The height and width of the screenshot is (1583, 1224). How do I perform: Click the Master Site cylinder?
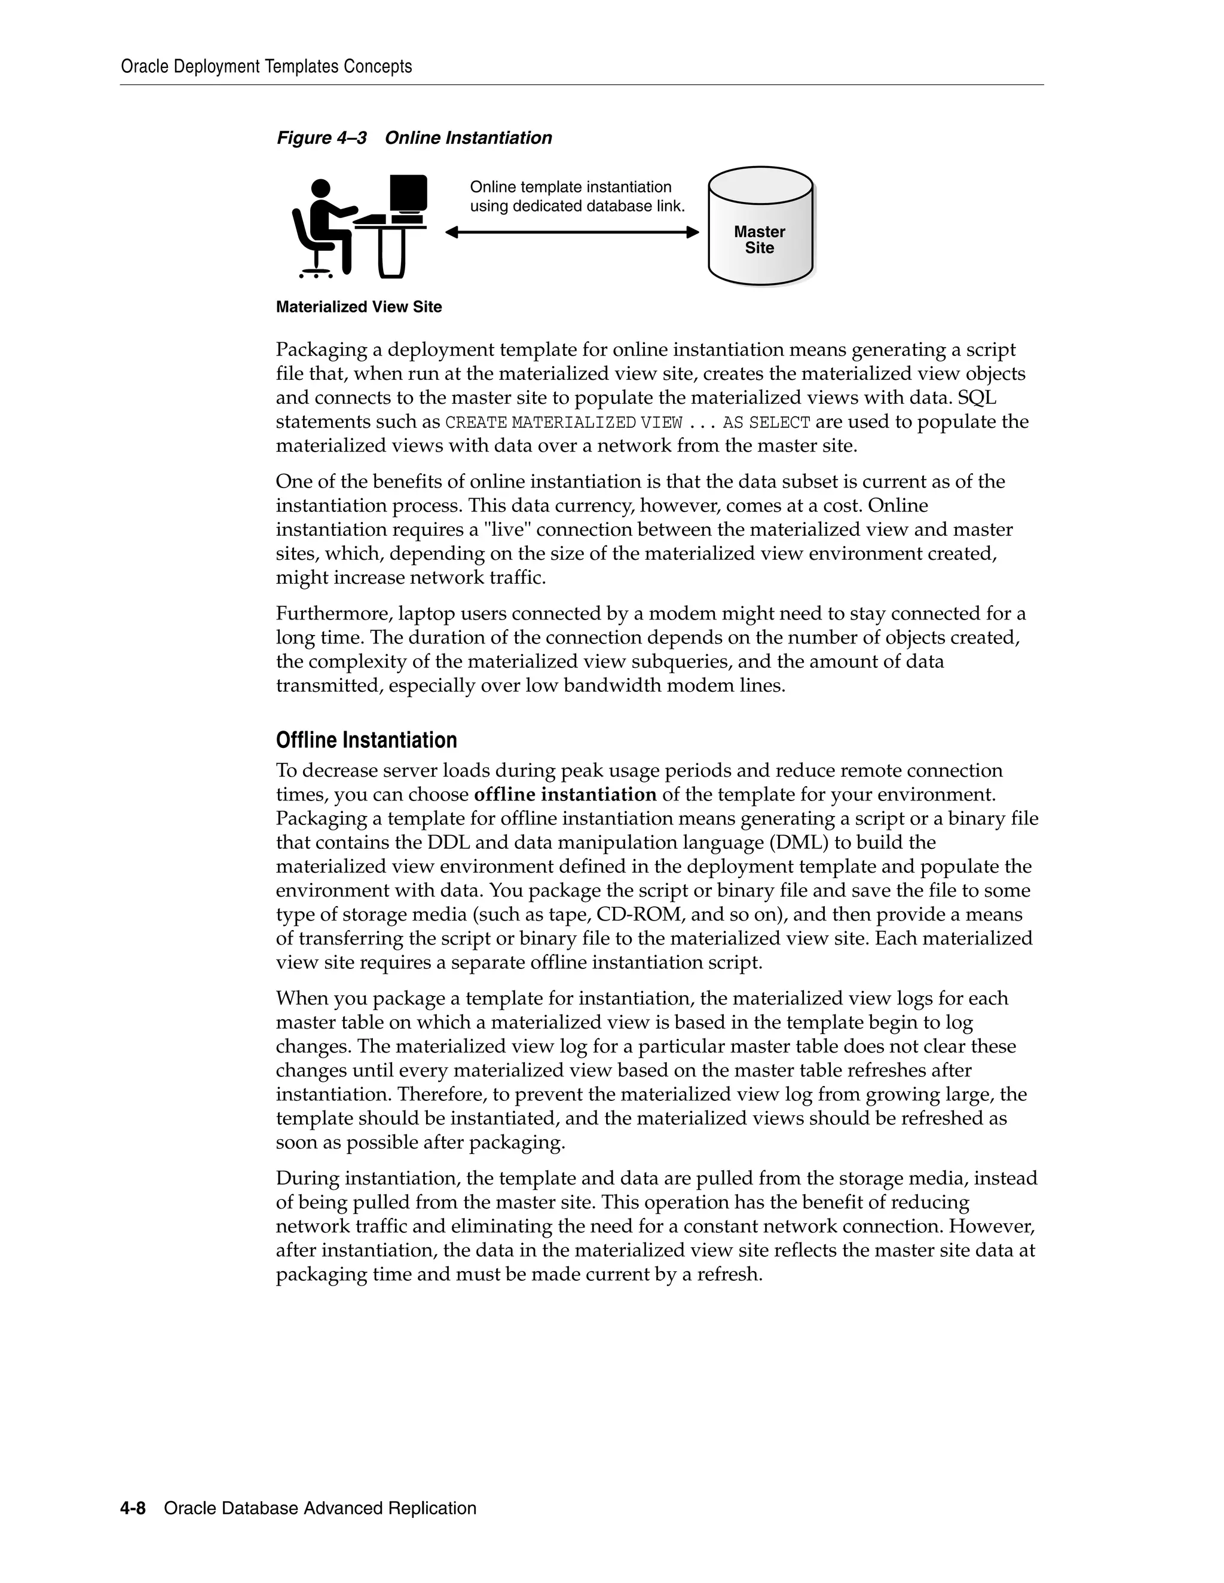coord(760,226)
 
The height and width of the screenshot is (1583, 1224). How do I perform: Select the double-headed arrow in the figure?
coord(571,232)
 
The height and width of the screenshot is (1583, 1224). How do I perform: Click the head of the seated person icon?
coord(320,189)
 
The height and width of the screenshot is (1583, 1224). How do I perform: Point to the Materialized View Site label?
coord(359,307)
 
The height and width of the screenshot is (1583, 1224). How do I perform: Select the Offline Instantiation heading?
coord(366,740)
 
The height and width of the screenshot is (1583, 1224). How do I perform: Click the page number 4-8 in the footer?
coord(133,1508)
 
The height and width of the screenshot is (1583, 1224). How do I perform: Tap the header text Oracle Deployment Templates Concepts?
coord(266,67)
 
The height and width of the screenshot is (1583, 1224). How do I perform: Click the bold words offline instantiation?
coord(565,794)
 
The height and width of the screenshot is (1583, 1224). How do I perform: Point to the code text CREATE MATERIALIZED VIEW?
coord(564,422)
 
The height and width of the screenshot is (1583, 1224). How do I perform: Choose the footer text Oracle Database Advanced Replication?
coord(320,1508)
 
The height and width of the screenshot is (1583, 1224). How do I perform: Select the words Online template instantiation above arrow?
coord(571,187)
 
